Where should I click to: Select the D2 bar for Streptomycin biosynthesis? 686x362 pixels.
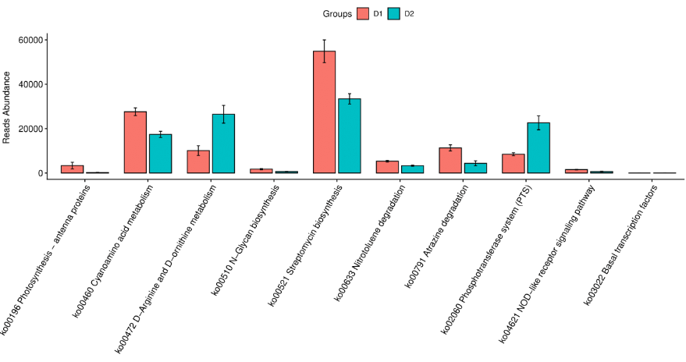(349, 136)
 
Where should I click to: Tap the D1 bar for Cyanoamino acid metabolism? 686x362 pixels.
(135, 142)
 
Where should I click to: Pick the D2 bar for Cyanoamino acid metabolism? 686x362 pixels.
(160, 154)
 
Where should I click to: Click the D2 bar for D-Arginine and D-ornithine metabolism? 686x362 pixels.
(223, 144)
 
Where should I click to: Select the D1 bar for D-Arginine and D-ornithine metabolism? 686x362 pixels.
(198, 161)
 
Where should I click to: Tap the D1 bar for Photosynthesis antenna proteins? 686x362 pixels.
(73, 169)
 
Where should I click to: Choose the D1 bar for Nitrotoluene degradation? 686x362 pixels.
(387, 167)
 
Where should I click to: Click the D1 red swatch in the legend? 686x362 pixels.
(363, 13)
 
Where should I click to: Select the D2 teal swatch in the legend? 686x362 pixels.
(394, 13)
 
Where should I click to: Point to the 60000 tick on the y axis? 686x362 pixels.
(31, 40)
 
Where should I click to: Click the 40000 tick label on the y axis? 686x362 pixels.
(31, 84)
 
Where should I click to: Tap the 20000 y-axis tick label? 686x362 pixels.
(31, 129)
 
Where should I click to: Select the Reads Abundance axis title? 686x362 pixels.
(7, 107)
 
